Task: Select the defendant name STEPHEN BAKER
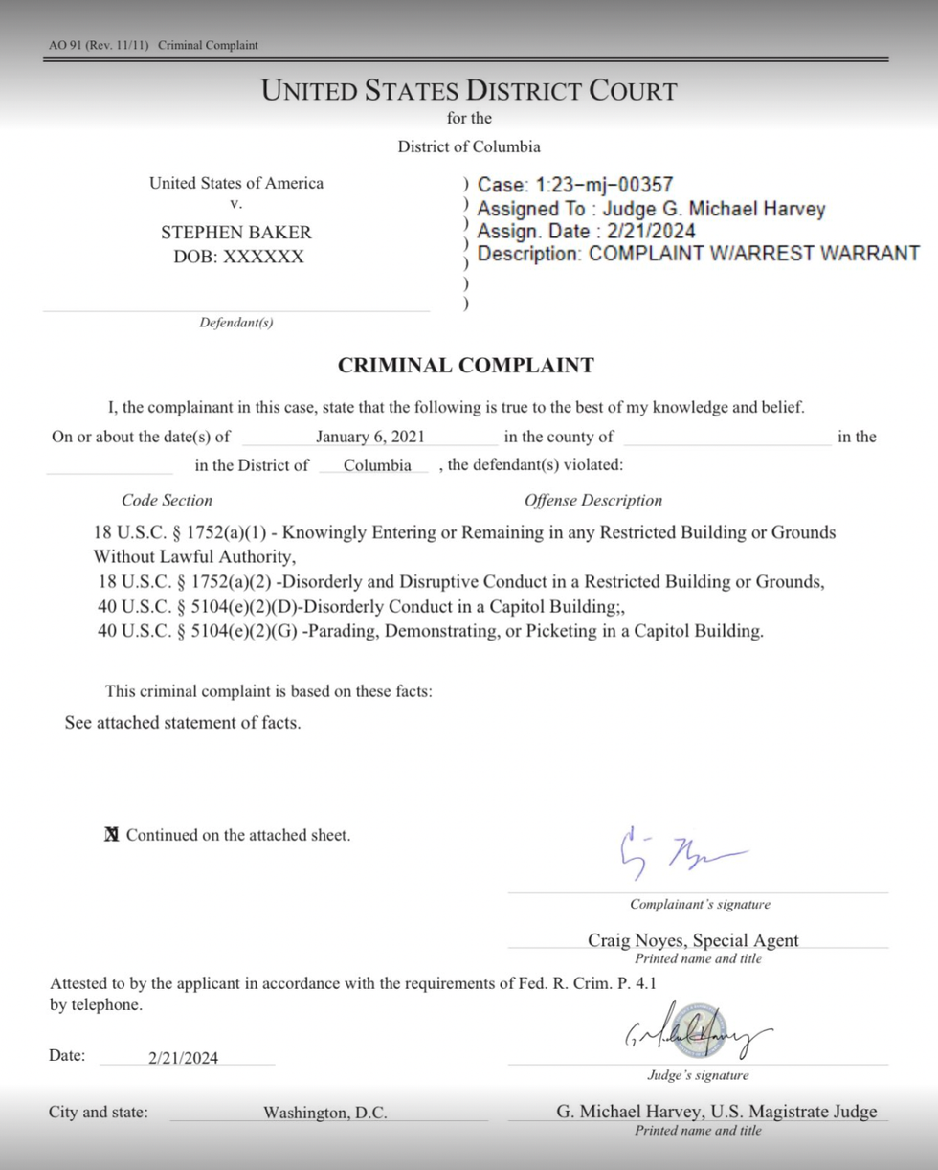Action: (235, 232)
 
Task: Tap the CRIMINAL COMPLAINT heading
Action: (465, 365)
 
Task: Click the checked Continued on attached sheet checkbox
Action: (111, 835)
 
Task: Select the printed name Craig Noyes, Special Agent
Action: (693, 939)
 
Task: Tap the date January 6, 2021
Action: (369, 438)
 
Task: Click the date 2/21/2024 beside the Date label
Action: (183, 1057)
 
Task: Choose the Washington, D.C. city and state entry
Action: (325, 1113)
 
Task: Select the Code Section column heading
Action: (167, 500)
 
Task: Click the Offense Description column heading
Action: (592, 500)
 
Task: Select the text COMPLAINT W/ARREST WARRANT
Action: (753, 254)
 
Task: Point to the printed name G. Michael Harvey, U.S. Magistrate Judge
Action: (716, 1111)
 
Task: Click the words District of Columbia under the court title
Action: (469, 146)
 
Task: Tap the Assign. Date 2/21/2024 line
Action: (586, 231)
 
